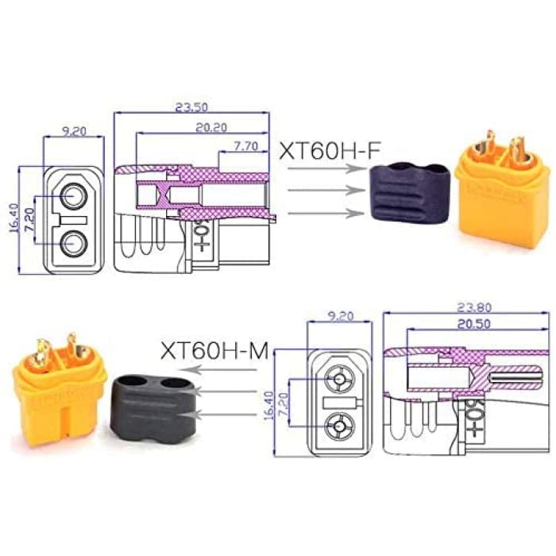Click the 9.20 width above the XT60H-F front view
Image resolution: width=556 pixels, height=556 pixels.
point(73,132)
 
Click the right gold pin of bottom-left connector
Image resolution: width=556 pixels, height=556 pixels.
point(71,347)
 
